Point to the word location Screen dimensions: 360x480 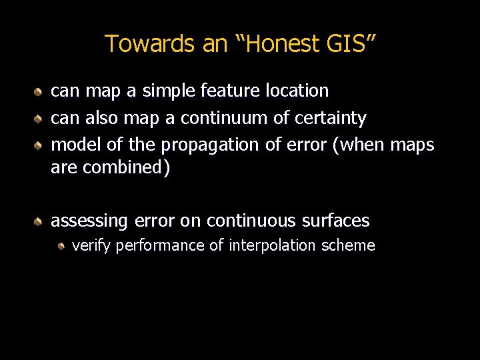click(x=297, y=90)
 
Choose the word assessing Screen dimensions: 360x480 click(x=90, y=221)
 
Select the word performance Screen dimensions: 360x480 click(x=160, y=246)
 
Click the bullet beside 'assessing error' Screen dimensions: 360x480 click(x=40, y=221)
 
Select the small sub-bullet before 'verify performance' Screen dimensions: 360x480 click(x=61, y=246)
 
